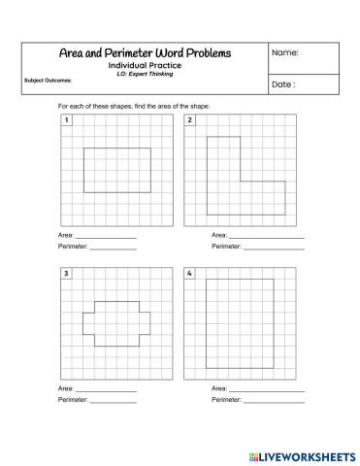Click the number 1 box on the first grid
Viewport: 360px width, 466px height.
point(65,120)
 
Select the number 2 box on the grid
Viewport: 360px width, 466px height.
point(190,120)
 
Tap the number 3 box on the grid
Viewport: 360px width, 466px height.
point(65,275)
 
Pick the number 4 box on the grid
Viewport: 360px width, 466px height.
point(190,275)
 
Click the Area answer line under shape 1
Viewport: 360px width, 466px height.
point(106,236)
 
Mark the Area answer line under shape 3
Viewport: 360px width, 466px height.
point(106,389)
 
